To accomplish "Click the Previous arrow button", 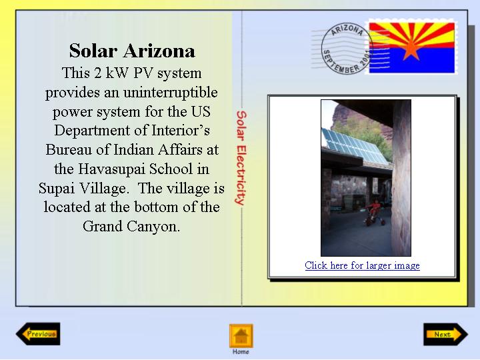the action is tap(38, 334).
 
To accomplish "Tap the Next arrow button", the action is tap(446, 334).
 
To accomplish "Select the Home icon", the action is tap(241, 336).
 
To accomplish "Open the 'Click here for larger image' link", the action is tap(362, 265).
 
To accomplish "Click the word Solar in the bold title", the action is tap(93, 51).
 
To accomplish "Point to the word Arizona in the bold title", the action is tap(159, 51).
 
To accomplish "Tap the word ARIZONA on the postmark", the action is tap(347, 30).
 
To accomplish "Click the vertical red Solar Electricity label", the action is tap(241, 157).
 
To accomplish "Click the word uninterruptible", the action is tap(171, 93).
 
